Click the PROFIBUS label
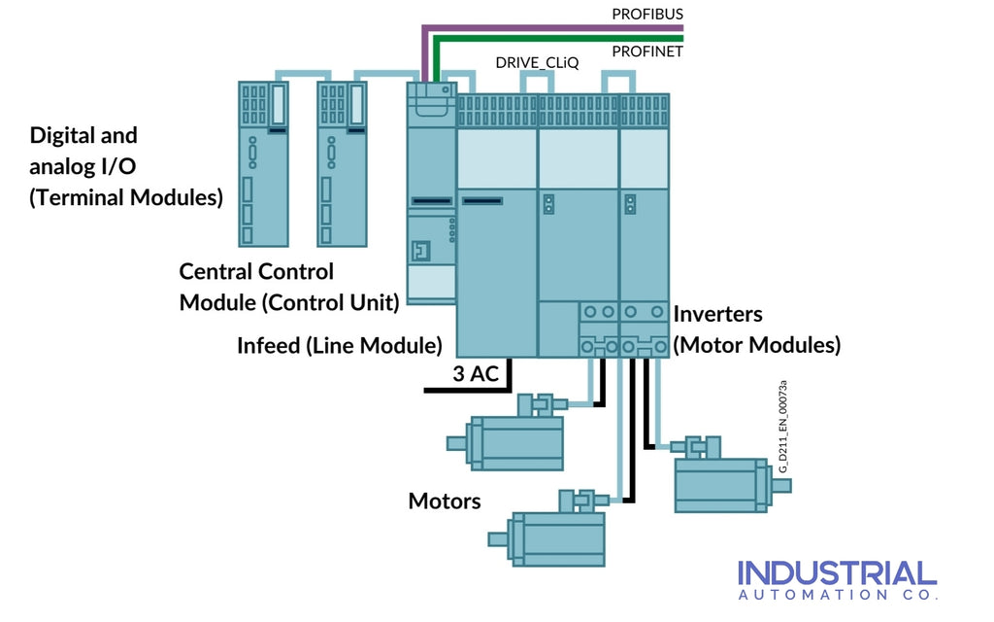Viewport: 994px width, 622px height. [x=647, y=15]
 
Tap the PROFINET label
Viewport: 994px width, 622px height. [x=647, y=52]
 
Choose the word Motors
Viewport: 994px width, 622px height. [x=445, y=501]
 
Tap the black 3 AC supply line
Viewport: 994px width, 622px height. [x=466, y=391]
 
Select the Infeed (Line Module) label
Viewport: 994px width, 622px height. [x=340, y=345]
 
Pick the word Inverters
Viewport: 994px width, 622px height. [x=717, y=315]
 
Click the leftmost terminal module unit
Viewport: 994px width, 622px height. [x=264, y=163]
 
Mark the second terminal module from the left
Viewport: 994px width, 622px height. [x=343, y=163]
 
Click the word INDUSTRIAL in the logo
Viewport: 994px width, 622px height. [x=837, y=573]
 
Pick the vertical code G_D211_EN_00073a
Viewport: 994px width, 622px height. [x=782, y=428]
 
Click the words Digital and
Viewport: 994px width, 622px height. [x=83, y=136]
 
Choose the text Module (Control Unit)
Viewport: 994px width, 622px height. [x=289, y=302]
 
